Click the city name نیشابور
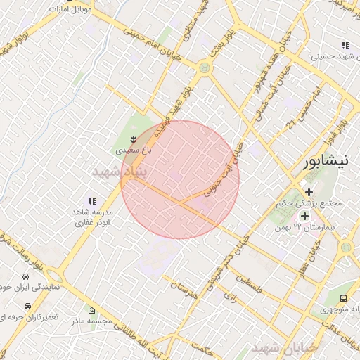(324, 162)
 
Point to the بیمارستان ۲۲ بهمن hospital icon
(304, 215)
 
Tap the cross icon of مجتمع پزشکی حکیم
(308, 192)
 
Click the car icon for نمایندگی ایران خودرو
(26, 276)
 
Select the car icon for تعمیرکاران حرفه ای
(27, 307)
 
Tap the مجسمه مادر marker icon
(92, 310)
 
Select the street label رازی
(231, 297)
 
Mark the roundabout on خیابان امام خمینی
(205, 68)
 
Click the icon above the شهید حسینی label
(345, 44)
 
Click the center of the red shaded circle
(180, 179)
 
